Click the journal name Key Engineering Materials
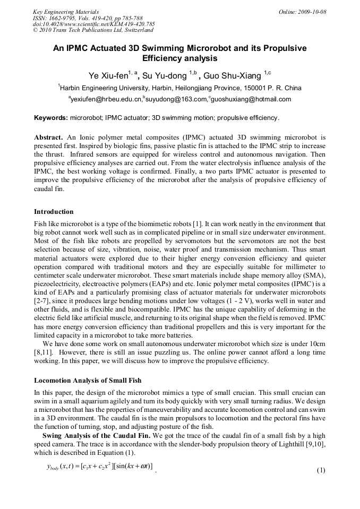(65, 11)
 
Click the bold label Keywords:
(51, 118)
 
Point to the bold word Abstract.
(49, 137)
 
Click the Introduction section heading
(54, 212)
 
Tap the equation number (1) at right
(320, 470)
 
